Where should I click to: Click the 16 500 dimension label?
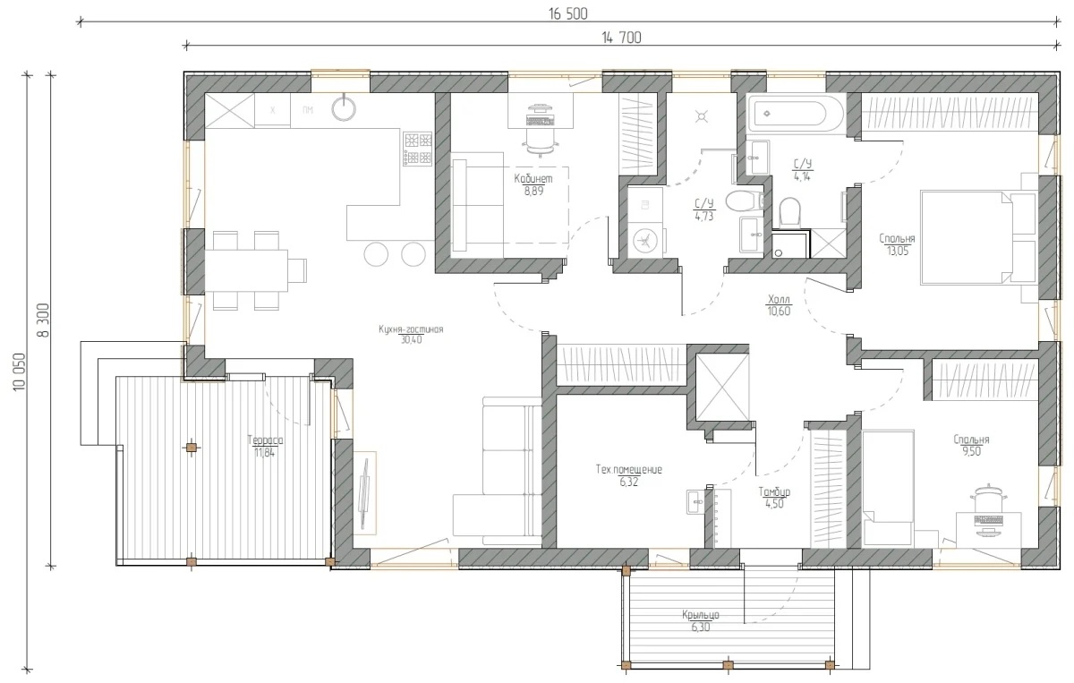pyautogui.click(x=568, y=14)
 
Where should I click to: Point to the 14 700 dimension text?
pyautogui.click(x=621, y=38)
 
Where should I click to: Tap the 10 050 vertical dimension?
pyautogui.click(x=19, y=372)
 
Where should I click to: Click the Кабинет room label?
pyautogui.click(x=533, y=178)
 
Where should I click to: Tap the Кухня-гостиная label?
pyautogui.click(x=411, y=329)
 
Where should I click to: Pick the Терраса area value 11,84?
pyautogui.click(x=265, y=452)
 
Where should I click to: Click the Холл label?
pyautogui.click(x=779, y=299)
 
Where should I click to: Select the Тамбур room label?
pyautogui.click(x=774, y=491)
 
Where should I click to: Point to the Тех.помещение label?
pyautogui.click(x=628, y=469)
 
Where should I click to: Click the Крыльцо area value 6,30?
pyautogui.click(x=701, y=627)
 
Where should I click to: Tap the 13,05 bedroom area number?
pyautogui.click(x=898, y=251)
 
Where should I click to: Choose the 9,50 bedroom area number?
pyautogui.click(x=971, y=451)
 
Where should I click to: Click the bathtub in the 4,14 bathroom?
pyautogui.click(x=795, y=114)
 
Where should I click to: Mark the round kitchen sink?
pyautogui.click(x=344, y=108)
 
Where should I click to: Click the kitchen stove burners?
pyautogui.click(x=418, y=149)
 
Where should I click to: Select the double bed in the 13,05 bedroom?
pyautogui.click(x=978, y=238)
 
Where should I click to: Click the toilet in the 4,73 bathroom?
pyautogui.click(x=744, y=201)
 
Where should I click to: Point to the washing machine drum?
pyautogui.click(x=645, y=242)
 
